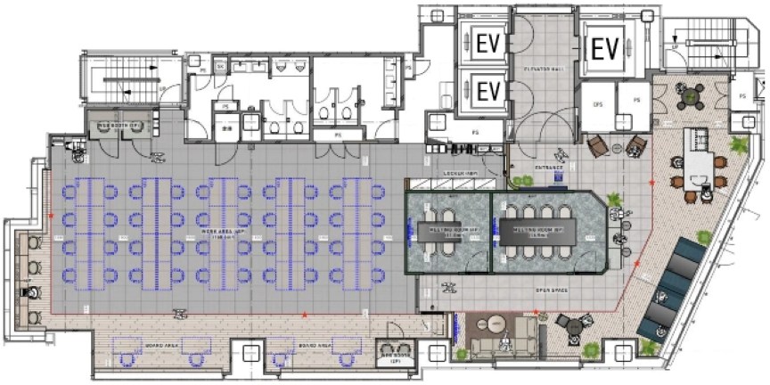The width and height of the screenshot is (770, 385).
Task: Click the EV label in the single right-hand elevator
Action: (x=606, y=48)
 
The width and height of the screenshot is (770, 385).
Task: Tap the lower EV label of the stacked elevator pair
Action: (x=487, y=91)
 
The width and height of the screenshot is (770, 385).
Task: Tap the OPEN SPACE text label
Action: (x=553, y=291)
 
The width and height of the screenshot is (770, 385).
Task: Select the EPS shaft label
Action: (x=598, y=105)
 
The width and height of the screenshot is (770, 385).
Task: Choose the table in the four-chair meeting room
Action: (x=447, y=233)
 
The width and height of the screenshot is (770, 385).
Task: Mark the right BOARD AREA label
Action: (x=316, y=343)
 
